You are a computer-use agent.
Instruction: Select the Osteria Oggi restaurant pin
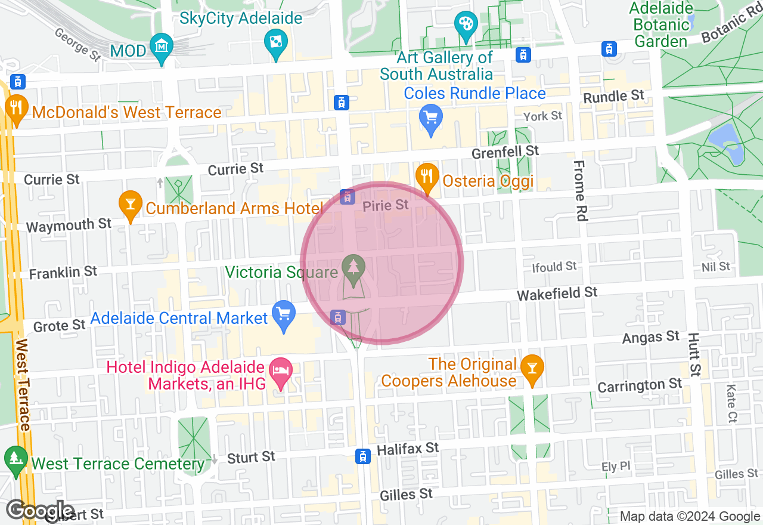point(427,176)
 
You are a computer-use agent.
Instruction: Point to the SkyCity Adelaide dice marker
point(275,42)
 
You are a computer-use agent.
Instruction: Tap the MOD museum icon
point(162,46)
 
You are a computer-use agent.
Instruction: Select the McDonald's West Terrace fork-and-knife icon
point(16,107)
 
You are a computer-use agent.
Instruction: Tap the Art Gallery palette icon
point(464,25)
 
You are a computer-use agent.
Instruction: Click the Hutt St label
point(693,354)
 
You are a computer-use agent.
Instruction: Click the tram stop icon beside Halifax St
point(362,456)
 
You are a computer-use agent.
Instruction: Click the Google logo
point(40,511)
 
